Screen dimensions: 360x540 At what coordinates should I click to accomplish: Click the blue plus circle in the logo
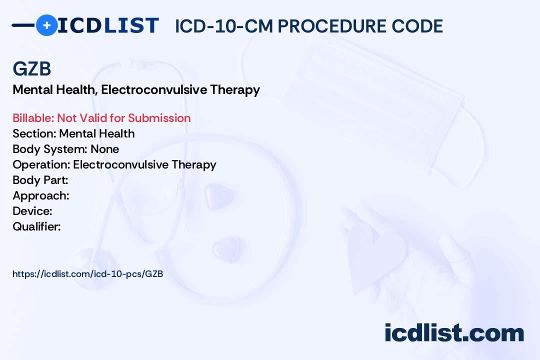pyautogui.click(x=46, y=25)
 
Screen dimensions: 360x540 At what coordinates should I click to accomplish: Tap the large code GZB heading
pyautogui.click(x=32, y=69)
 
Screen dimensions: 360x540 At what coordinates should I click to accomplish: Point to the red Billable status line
pyautogui.click(x=101, y=118)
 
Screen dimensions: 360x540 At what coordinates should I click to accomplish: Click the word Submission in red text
pyautogui.click(x=159, y=118)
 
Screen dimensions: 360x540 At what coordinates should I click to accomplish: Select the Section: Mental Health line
pyautogui.click(x=73, y=133)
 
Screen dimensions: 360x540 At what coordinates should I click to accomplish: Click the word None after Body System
pyautogui.click(x=105, y=149)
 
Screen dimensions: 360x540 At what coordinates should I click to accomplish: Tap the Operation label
pyautogui.click(x=41, y=164)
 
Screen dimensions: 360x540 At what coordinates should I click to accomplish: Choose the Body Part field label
pyautogui.click(x=40, y=180)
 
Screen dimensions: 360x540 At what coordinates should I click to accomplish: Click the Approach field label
pyautogui.click(x=40, y=195)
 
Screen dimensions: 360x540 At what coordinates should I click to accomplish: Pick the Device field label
pyautogui.click(x=32, y=211)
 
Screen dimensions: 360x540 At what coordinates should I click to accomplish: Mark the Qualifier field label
pyautogui.click(x=36, y=226)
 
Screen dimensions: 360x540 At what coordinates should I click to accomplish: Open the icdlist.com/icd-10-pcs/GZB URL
pyautogui.click(x=87, y=274)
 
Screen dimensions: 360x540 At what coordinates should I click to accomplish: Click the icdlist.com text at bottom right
pyautogui.click(x=454, y=333)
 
